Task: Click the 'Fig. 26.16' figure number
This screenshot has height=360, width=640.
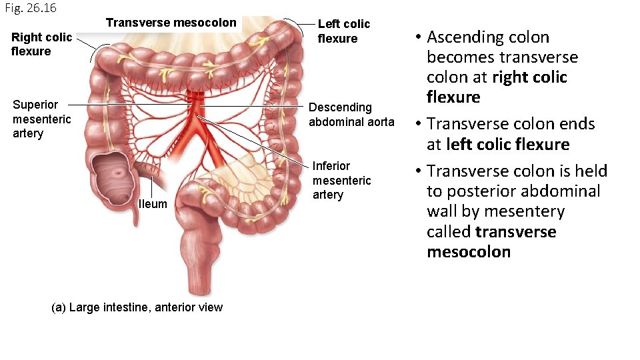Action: (x=30, y=8)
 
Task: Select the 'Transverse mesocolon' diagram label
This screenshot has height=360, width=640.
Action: (x=171, y=23)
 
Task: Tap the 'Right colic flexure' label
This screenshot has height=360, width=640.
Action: (x=41, y=44)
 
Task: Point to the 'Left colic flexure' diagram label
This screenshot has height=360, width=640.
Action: (x=343, y=31)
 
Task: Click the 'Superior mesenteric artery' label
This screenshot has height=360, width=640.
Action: (x=41, y=119)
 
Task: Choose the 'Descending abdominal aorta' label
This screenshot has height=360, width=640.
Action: (x=351, y=115)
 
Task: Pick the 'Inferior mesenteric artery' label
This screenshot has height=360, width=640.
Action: (x=341, y=180)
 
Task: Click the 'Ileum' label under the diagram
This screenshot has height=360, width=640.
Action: (x=153, y=204)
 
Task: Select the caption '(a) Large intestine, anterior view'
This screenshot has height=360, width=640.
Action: (x=137, y=307)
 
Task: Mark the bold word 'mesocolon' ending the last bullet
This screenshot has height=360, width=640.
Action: (x=469, y=252)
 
